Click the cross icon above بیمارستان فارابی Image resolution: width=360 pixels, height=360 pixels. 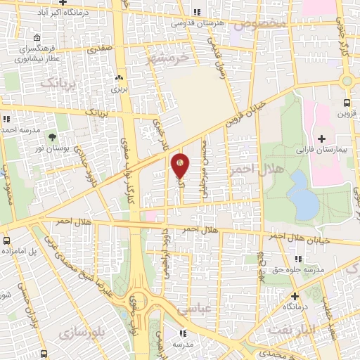click(322, 138)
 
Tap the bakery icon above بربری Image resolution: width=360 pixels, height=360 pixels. click(120, 79)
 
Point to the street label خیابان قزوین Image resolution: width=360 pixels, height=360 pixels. click(244, 112)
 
